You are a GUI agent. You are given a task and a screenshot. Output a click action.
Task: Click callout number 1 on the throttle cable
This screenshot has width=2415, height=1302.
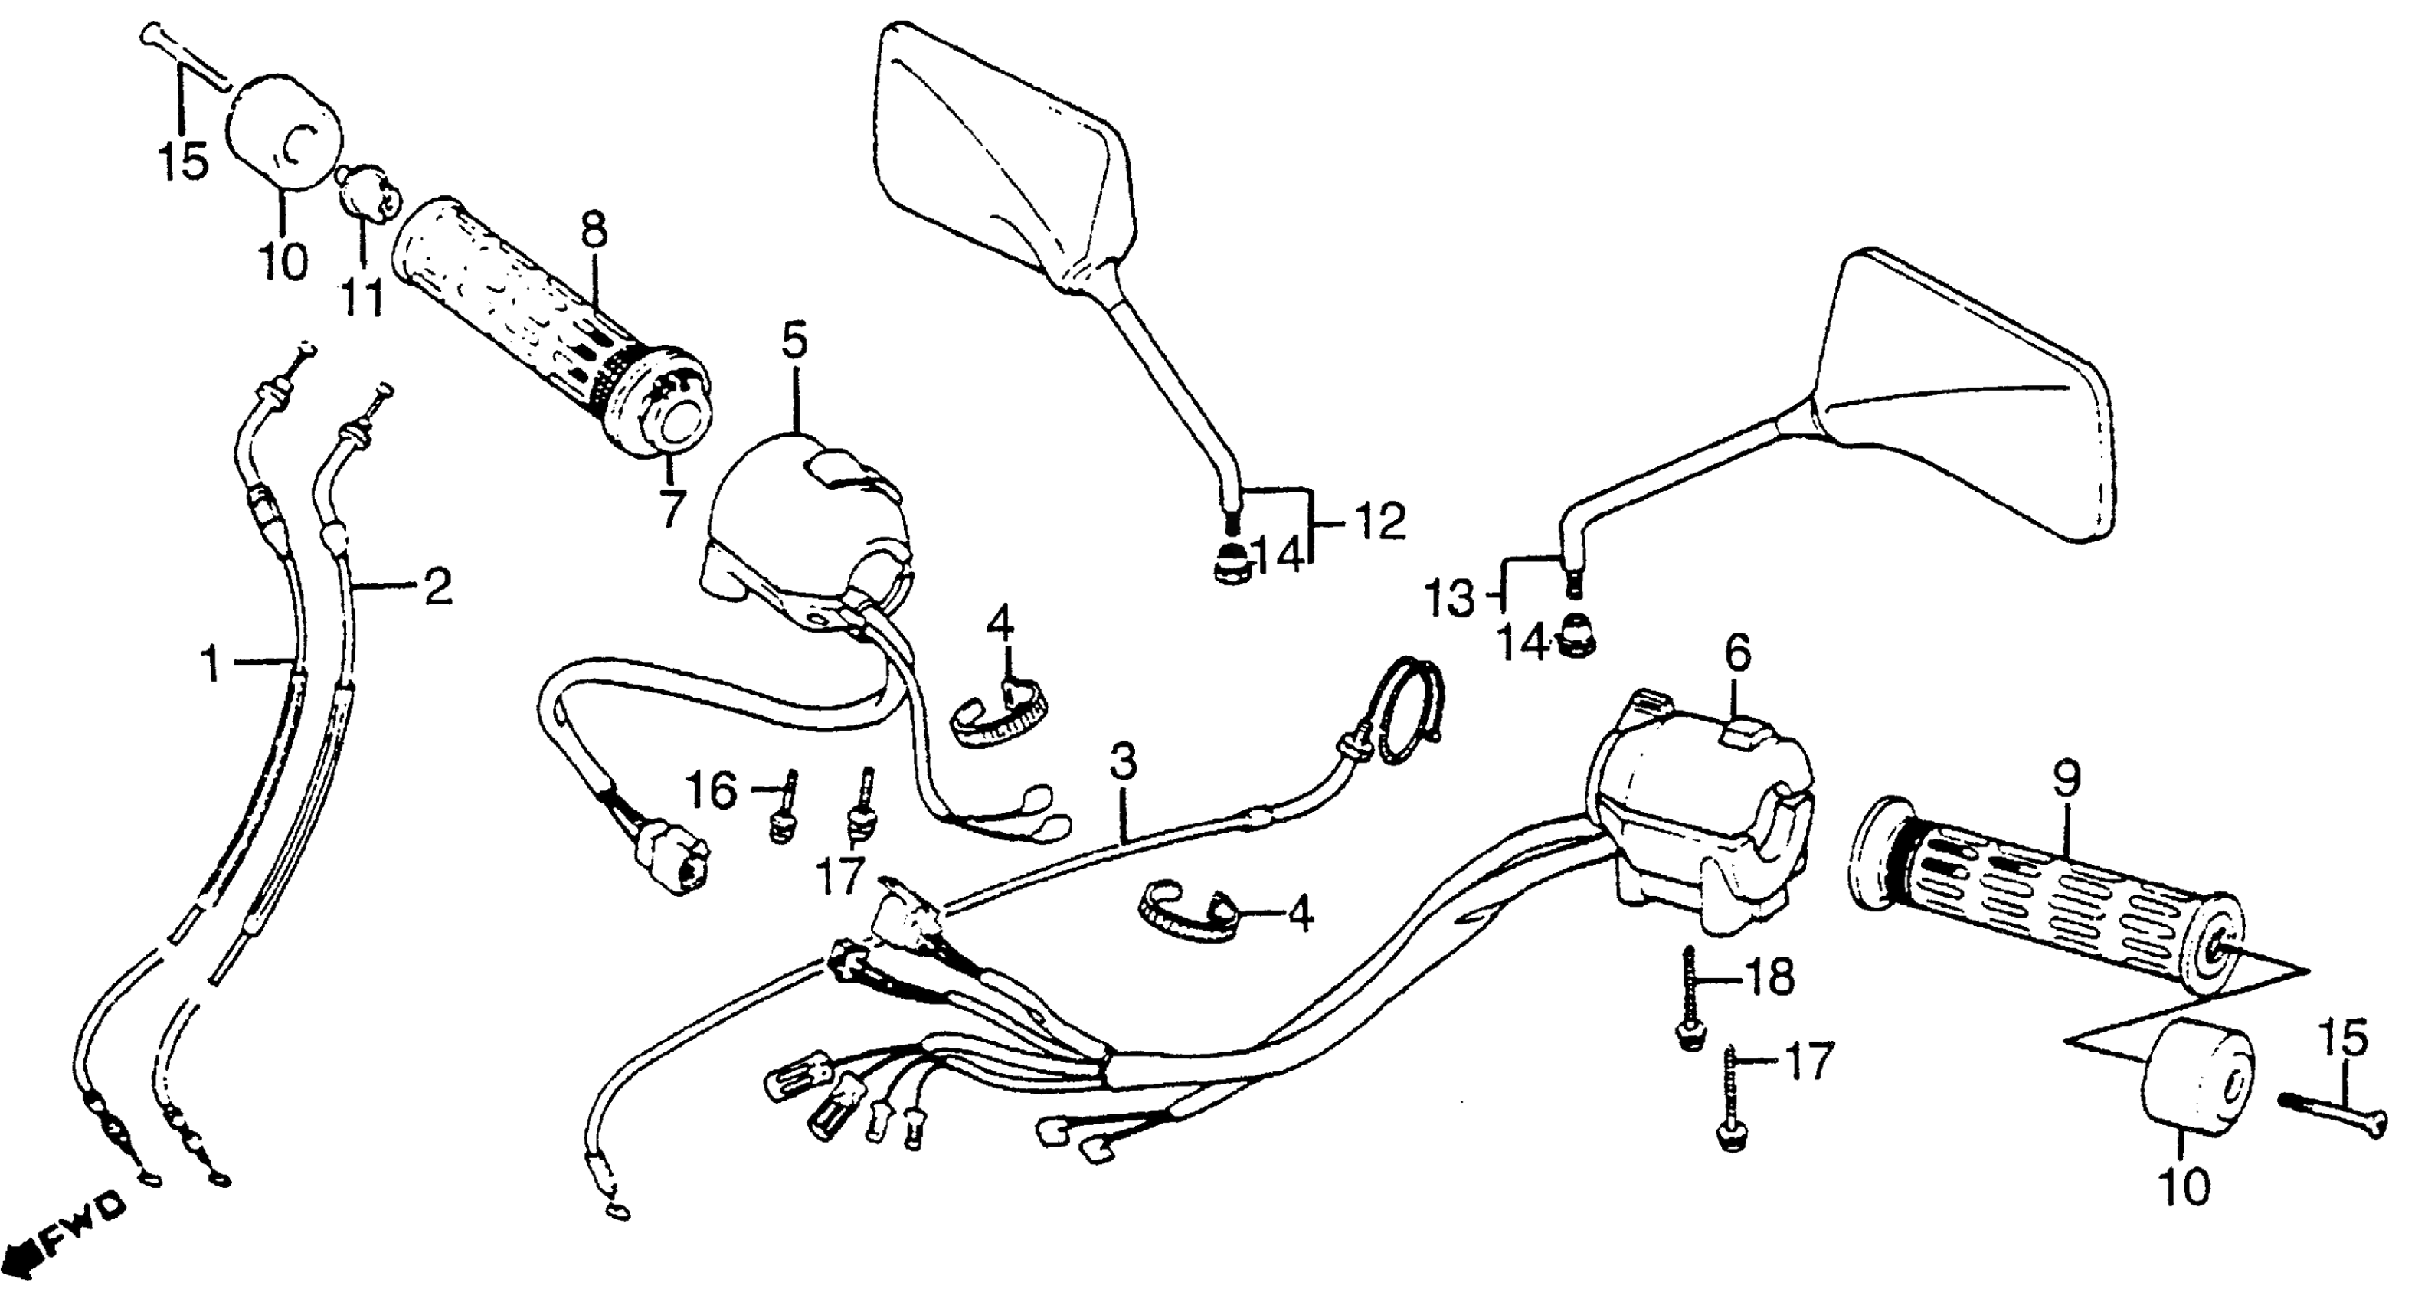[x=212, y=666]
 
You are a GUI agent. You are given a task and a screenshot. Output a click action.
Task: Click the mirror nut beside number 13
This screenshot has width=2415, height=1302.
[x=1574, y=643]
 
